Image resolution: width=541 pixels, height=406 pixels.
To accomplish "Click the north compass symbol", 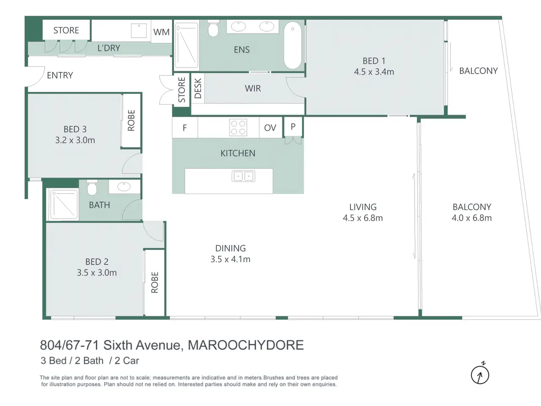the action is point(480,374).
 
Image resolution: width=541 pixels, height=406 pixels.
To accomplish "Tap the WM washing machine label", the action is point(161,32).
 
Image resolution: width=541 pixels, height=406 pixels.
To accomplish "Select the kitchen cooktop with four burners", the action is point(238,127).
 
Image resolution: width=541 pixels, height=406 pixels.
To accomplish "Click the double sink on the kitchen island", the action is point(243,176).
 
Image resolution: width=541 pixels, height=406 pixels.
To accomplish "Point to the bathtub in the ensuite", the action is point(292,45).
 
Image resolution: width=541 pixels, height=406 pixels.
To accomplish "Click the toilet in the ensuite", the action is point(213,28).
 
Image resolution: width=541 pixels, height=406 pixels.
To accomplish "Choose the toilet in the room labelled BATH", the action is point(92,188).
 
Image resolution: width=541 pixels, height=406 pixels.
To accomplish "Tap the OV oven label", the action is point(270,128).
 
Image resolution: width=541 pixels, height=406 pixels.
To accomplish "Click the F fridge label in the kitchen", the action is point(185,128).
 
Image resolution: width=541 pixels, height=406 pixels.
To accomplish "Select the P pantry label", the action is point(293,127).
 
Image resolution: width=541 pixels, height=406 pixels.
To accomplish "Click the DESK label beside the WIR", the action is point(198,88).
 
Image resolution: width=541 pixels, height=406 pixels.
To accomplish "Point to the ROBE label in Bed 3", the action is point(131,120).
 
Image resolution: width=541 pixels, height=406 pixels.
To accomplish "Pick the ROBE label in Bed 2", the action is point(155,283).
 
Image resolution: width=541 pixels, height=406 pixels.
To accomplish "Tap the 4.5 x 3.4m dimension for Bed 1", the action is point(374,72).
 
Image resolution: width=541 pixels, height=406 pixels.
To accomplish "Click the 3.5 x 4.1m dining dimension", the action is point(230,259).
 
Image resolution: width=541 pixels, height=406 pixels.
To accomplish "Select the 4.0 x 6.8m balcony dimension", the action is point(472,218).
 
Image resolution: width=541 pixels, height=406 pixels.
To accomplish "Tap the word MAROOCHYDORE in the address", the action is point(246,345).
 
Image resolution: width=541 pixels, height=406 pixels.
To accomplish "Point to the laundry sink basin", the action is point(139,30).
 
